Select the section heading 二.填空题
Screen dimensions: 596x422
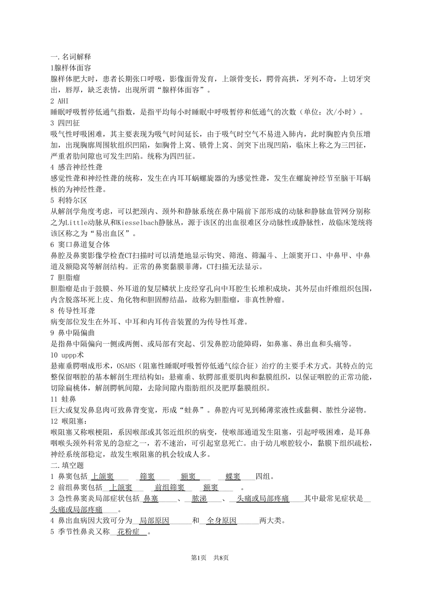click(68, 465)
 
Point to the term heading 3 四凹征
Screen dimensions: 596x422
click(65, 123)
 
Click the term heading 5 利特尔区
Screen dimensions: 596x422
click(69, 200)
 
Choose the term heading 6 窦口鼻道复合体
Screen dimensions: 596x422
click(80, 244)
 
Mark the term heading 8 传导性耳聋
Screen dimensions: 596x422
click(73, 311)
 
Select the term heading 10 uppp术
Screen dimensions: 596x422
click(67, 355)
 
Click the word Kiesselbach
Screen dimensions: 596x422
click(128, 222)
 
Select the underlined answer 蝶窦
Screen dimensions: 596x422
click(233, 477)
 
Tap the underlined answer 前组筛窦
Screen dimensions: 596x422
click(170, 488)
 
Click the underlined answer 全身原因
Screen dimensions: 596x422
click(222, 521)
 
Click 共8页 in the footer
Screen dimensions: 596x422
click(221, 557)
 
